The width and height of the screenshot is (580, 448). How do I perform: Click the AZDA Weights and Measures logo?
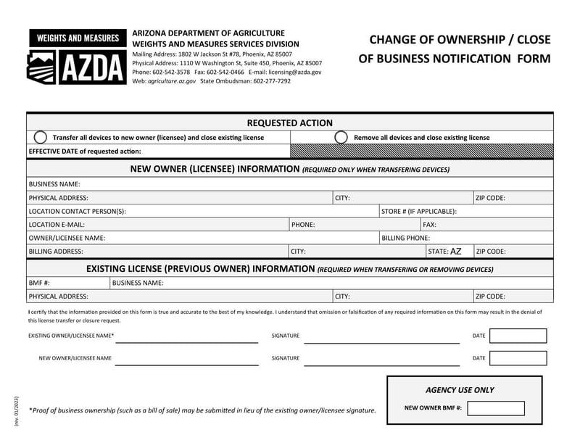(x=75, y=57)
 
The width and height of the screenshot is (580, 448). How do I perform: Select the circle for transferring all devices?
(x=41, y=137)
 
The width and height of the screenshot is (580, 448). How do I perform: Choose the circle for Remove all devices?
(x=341, y=137)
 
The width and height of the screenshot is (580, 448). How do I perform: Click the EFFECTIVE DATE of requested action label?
(x=85, y=152)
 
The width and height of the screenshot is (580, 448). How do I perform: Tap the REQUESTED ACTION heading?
(x=289, y=123)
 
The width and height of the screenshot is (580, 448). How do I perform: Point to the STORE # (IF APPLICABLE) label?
(x=418, y=211)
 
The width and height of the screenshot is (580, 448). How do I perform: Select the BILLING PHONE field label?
(x=405, y=238)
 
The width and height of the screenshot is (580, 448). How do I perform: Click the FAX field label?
(x=429, y=225)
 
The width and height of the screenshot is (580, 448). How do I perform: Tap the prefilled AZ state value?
(x=455, y=252)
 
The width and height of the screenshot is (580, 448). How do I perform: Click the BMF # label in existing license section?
(x=39, y=283)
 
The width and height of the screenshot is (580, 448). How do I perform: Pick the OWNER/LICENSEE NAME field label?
(x=67, y=238)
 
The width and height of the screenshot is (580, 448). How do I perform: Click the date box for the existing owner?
(x=518, y=336)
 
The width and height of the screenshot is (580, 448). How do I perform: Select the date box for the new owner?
(x=518, y=358)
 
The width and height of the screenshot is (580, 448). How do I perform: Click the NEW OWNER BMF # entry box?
(x=495, y=408)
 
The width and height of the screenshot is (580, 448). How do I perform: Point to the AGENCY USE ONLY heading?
(x=460, y=390)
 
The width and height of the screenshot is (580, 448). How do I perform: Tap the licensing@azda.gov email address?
(x=295, y=72)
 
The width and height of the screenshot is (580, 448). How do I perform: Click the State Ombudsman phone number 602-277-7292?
(x=272, y=81)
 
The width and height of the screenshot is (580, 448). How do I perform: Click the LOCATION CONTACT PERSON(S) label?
(x=78, y=211)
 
